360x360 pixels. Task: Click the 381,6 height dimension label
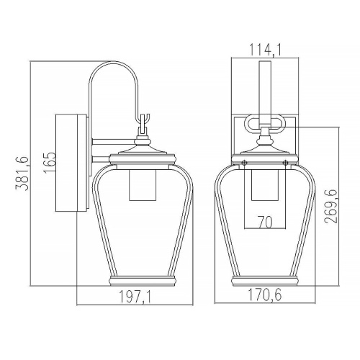click(22, 173)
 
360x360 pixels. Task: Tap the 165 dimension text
click(50, 162)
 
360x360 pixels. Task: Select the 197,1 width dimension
click(135, 297)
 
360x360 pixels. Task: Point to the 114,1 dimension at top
click(265, 50)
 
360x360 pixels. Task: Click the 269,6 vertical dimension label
click(331, 206)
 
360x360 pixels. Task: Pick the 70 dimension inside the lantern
click(265, 222)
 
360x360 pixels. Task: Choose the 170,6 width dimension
click(265, 294)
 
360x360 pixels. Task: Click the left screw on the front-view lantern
click(244, 163)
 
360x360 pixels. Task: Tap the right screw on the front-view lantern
click(285, 163)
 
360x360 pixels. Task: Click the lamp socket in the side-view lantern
click(143, 185)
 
